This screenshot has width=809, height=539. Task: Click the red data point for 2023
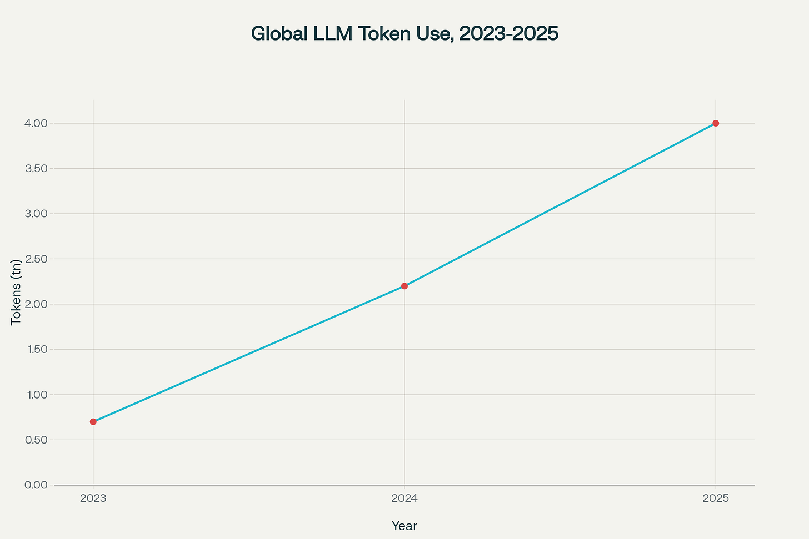pyautogui.click(x=93, y=422)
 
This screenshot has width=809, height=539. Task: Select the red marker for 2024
pyautogui.click(x=404, y=286)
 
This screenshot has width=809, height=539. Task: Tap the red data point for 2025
pyautogui.click(x=716, y=123)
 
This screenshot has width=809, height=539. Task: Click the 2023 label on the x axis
pyautogui.click(x=93, y=498)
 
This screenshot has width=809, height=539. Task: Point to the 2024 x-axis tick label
pyautogui.click(x=404, y=498)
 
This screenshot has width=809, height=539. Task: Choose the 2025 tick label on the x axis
pyautogui.click(x=716, y=498)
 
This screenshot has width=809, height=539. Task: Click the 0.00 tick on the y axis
pyautogui.click(x=37, y=485)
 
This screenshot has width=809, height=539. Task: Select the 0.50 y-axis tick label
pyautogui.click(x=37, y=440)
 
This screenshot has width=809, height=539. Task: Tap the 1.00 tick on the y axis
pyautogui.click(x=37, y=395)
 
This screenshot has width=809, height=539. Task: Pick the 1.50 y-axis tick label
pyautogui.click(x=37, y=350)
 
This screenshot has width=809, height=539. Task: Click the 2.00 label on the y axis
pyautogui.click(x=37, y=304)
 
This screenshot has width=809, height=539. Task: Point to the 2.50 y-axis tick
pyautogui.click(x=37, y=259)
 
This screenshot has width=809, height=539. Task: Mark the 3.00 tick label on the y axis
pyautogui.click(x=37, y=214)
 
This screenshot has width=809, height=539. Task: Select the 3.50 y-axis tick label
pyautogui.click(x=37, y=169)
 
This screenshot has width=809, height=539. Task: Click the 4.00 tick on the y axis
pyautogui.click(x=37, y=123)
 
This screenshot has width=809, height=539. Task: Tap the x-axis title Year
pyautogui.click(x=404, y=526)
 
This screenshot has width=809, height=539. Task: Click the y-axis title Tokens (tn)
pyautogui.click(x=16, y=292)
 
